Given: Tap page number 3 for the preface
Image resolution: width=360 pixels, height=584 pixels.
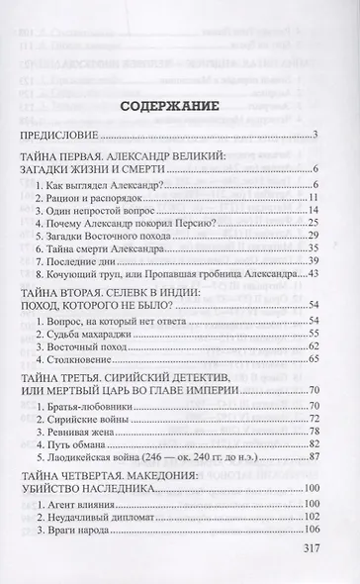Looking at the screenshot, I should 312,137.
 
